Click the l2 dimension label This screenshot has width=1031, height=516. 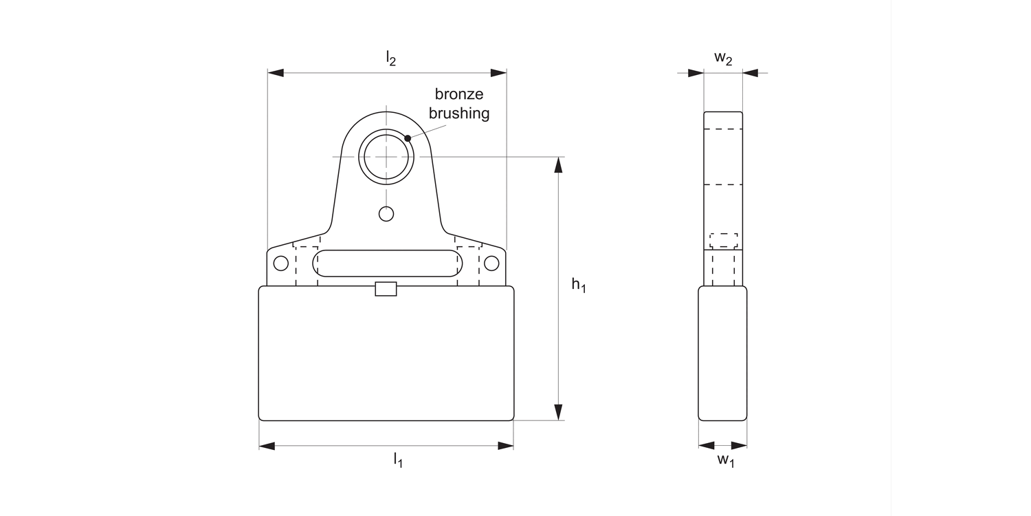(x=390, y=59)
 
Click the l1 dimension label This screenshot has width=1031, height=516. (x=398, y=460)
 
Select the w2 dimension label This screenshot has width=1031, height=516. (x=723, y=58)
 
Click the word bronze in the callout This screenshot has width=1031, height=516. (x=459, y=95)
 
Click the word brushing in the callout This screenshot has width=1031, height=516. (x=459, y=114)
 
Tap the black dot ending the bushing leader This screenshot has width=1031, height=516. (x=408, y=138)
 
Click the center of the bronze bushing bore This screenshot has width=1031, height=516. (x=386, y=157)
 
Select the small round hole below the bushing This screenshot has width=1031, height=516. (x=386, y=214)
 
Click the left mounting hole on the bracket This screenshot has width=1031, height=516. (x=280, y=263)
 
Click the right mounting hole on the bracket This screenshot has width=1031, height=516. (x=491, y=263)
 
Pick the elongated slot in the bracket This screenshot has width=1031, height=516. (x=386, y=264)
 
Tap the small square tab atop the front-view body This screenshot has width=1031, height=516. (x=386, y=289)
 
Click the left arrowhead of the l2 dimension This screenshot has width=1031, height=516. (x=276, y=72)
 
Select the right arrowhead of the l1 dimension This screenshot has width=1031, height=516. (x=505, y=446)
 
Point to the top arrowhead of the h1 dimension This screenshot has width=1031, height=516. (x=559, y=165)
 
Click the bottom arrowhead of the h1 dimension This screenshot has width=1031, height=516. (x=559, y=411)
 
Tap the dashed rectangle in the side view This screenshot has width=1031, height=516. (x=723, y=241)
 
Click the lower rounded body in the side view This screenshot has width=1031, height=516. (x=722, y=353)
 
